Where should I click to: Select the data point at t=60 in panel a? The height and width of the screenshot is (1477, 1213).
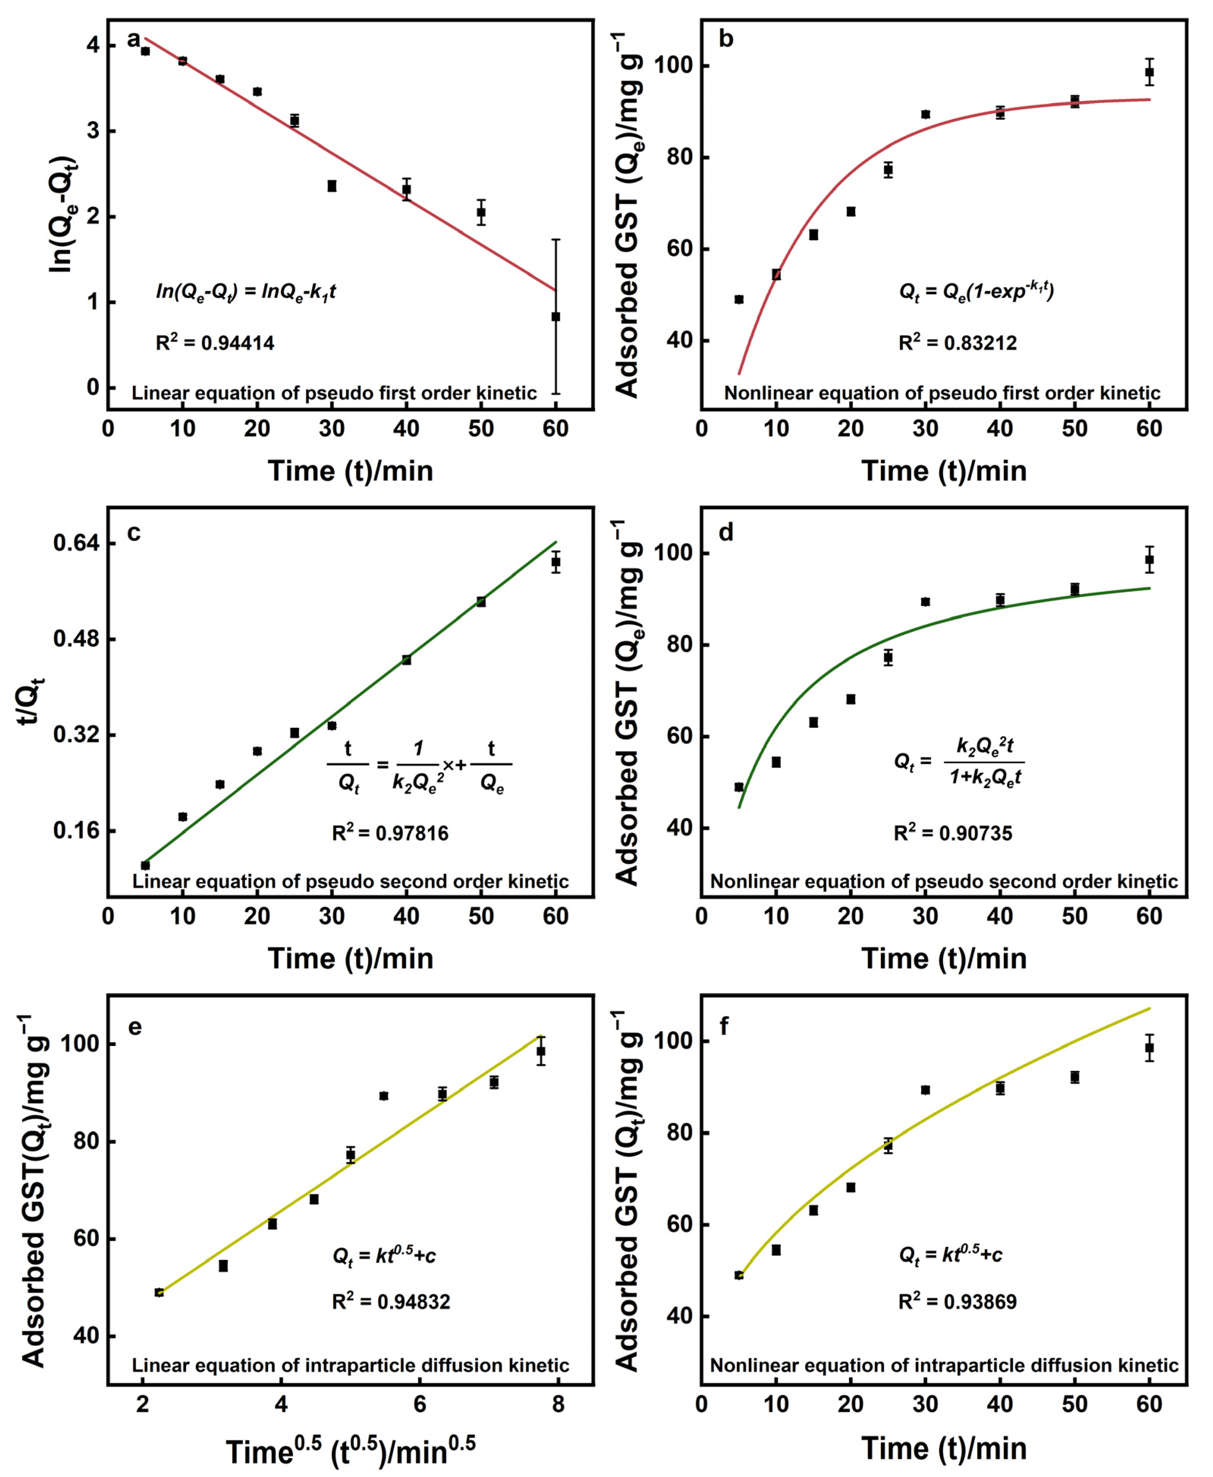(x=555, y=317)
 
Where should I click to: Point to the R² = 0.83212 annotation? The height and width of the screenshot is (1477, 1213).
(x=957, y=343)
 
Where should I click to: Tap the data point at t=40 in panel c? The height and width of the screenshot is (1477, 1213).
(x=406, y=660)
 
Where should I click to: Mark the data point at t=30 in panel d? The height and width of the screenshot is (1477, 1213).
(x=925, y=602)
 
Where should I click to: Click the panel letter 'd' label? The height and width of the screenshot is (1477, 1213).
(x=726, y=533)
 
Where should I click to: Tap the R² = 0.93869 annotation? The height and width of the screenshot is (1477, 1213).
(x=957, y=1301)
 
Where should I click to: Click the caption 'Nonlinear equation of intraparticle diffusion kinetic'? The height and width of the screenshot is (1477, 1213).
(x=944, y=1365)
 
